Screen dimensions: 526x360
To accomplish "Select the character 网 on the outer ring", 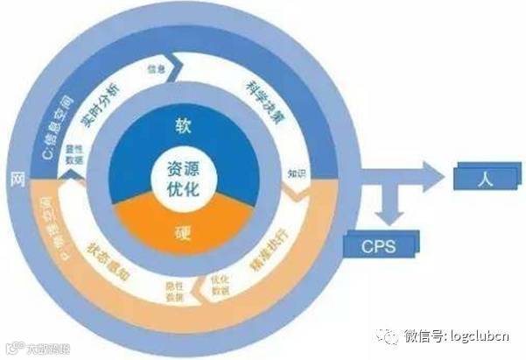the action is coord(15,180).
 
